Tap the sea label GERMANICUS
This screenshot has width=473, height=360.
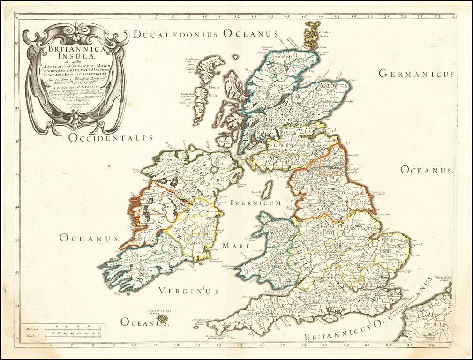pos(416,74)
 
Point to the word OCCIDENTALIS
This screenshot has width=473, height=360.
pos(111,138)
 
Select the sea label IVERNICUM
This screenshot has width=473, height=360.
pos(255,203)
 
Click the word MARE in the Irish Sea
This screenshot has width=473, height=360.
pos(237,246)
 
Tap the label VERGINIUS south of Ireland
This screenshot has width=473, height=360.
pos(188,291)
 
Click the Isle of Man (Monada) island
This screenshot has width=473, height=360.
pos(267,190)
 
